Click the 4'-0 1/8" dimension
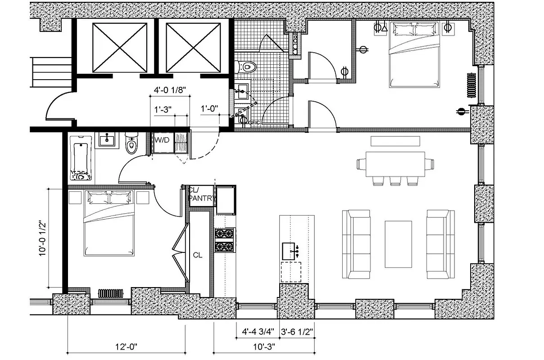click(x=168, y=90)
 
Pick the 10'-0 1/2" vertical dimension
click(x=43, y=238)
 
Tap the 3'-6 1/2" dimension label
click(x=297, y=333)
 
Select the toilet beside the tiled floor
click(x=247, y=66)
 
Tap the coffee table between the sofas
click(x=398, y=243)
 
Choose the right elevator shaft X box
click(x=186, y=47)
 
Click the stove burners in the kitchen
click(x=224, y=240)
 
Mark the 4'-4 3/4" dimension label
click(x=256, y=333)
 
